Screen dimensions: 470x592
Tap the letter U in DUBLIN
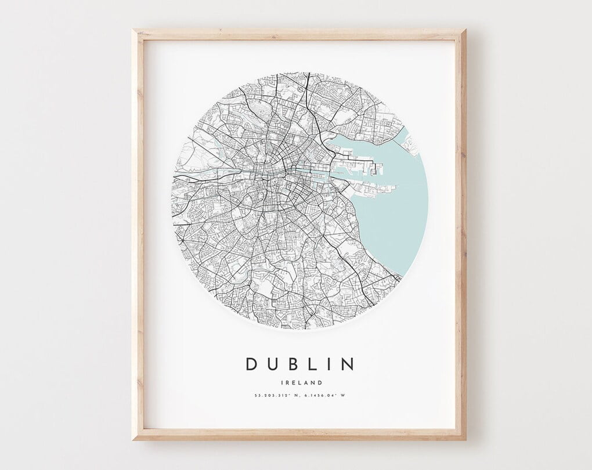pyautogui.click(x=273, y=364)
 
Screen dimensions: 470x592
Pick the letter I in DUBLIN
pyautogui.click(x=329, y=364)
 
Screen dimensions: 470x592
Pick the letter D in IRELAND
pyautogui.click(x=320, y=382)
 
